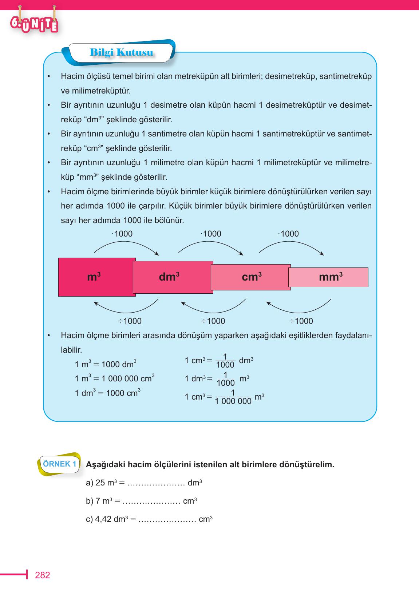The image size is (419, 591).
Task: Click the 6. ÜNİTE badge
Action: coord(34,24)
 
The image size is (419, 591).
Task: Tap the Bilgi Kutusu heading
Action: coord(121,53)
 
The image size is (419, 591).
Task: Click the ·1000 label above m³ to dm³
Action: coord(122,234)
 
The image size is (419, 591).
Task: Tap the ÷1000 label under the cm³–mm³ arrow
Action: coord(301,321)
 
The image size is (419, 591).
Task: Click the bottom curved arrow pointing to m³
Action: coord(126,308)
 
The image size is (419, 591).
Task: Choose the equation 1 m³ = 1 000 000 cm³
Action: coord(114,378)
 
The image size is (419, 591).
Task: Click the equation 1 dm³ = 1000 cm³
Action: coord(107,393)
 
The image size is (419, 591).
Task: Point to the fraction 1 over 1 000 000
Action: coord(233,397)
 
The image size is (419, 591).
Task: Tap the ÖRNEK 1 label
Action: coord(60,464)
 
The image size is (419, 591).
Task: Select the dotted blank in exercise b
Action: coord(151,501)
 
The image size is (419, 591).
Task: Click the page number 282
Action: coord(42,575)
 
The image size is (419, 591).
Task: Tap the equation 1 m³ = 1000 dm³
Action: coord(106,364)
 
